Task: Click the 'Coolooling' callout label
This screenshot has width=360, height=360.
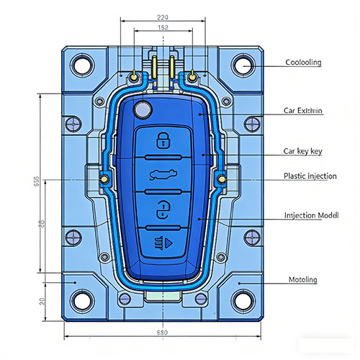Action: click(302, 63)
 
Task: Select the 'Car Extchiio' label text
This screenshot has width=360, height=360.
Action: click(303, 111)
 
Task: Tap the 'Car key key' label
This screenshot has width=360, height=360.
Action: click(302, 151)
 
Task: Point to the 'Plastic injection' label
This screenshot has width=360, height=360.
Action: click(310, 176)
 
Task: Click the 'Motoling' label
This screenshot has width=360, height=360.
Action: click(302, 279)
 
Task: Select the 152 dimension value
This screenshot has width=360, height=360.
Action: click(163, 28)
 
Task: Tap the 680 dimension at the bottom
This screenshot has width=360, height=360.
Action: click(164, 333)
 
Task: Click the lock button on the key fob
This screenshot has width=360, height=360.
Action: click(163, 139)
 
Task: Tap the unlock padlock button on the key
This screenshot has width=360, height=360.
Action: click(163, 210)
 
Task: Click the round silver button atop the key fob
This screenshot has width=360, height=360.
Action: click(143, 110)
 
